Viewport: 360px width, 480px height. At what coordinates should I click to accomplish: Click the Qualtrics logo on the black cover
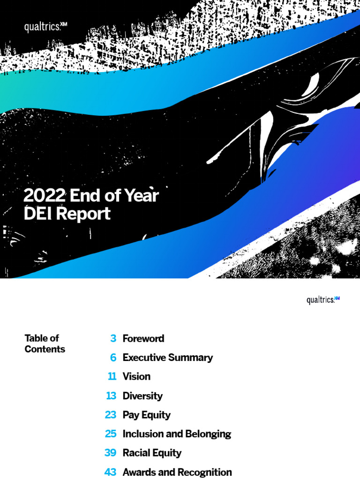45,27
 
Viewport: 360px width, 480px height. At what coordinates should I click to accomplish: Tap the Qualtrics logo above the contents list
323,300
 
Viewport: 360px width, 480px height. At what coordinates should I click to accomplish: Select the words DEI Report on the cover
67,214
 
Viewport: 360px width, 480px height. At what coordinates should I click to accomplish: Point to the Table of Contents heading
45,344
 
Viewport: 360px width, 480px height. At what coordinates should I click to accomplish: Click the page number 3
113,338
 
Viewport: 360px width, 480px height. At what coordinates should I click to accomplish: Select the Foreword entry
143,338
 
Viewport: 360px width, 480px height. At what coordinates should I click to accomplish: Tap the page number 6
113,358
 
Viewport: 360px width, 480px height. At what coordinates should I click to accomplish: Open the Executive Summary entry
167,358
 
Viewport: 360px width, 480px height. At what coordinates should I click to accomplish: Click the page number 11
112,376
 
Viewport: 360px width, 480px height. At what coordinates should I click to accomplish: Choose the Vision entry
136,376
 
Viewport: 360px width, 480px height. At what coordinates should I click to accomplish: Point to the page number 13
111,396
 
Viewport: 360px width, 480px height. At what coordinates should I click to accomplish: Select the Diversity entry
142,396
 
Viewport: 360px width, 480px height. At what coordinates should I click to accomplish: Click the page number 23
111,415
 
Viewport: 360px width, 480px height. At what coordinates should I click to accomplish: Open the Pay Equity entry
146,415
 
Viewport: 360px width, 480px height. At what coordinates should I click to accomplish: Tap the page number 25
111,434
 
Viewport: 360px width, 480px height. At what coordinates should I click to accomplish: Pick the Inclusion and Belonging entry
177,434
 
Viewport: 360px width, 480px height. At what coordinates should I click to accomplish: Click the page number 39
111,453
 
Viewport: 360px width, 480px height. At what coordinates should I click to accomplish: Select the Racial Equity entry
152,453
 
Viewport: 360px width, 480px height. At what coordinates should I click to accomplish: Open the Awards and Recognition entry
177,472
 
